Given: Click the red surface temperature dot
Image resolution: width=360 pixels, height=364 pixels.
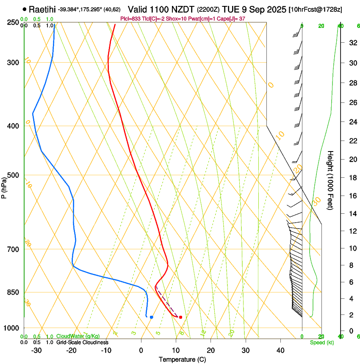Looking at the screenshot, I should click(x=180, y=317).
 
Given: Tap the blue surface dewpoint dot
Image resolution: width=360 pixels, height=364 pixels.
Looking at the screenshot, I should click(x=151, y=317).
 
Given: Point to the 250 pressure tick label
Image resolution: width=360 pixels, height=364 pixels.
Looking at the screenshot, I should click(x=13, y=22).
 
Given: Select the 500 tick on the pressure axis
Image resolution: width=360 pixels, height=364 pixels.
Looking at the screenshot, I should click(x=13, y=175).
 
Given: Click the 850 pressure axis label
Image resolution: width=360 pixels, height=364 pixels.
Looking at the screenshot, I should click(x=13, y=292).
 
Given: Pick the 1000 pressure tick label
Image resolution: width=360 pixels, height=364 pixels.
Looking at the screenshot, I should click(x=12, y=328).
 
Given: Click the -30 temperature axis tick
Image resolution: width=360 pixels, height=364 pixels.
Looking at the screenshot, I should click(x=36, y=350).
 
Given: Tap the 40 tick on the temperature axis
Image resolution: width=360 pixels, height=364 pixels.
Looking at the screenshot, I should click(x=280, y=350).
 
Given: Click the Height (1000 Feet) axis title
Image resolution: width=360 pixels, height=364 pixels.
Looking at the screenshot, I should click(x=331, y=180).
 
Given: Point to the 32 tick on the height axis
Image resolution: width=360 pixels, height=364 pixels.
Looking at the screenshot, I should click(x=352, y=43).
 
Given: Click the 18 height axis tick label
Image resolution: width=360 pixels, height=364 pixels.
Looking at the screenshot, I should click(x=352, y=178).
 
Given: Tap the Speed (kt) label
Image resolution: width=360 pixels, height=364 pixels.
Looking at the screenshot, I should click(x=322, y=342).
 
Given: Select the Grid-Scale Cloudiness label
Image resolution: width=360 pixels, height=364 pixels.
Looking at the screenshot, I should click(x=82, y=342).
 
